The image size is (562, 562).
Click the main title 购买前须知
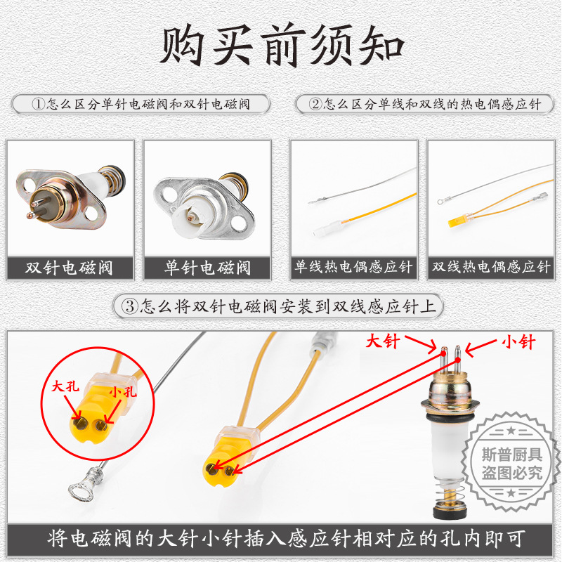(x=281, y=47)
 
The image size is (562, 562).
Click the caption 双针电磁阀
(x=70, y=267)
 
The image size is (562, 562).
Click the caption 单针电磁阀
(x=207, y=267)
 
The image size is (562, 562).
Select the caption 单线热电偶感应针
(x=353, y=267)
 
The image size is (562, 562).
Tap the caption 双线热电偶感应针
(x=491, y=267)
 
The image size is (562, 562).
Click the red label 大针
(x=383, y=342)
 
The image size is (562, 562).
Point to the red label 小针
(x=518, y=342)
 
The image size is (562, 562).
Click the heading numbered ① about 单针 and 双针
(x=141, y=104)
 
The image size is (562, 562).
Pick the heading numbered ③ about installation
(x=281, y=306)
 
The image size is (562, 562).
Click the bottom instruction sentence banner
(x=281, y=540)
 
